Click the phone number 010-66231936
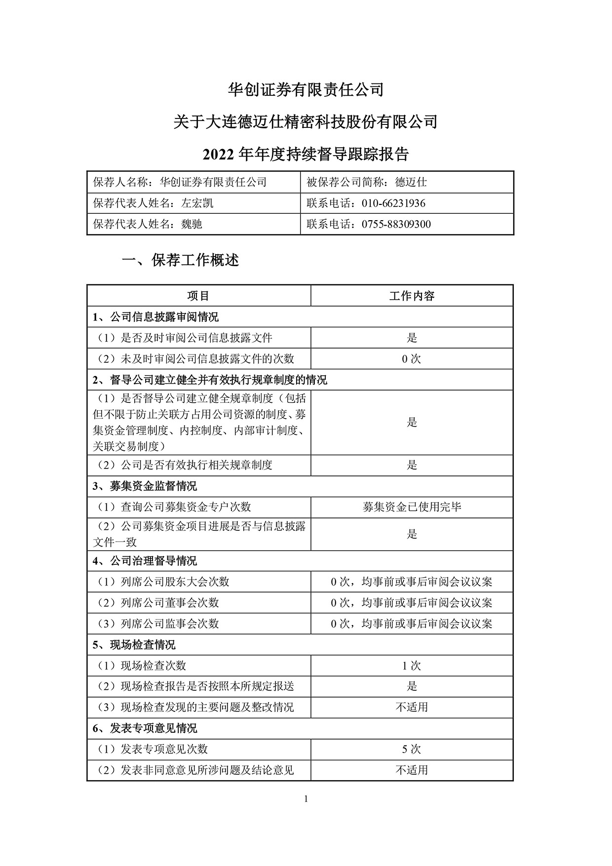tap(393, 203)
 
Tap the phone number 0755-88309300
tap(396, 224)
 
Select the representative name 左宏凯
tap(197, 203)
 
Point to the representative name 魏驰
tap(192, 224)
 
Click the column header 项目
tap(198, 296)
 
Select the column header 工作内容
tap(412, 296)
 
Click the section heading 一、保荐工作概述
tap(180, 260)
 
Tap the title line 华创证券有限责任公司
tap(306, 89)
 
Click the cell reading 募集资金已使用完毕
tap(412, 507)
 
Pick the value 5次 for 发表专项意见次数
tap(412, 749)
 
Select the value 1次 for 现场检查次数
tap(412, 666)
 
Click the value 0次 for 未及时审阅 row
tap(412, 359)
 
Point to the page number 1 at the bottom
tap(306, 799)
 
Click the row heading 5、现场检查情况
tap(134, 645)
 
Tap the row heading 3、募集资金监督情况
tap(145, 486)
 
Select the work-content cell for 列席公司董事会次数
tap(412, 603)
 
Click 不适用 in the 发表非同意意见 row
tap(412, 770)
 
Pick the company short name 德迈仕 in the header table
tap(411, 182)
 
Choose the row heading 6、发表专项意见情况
tap(145, 728)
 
